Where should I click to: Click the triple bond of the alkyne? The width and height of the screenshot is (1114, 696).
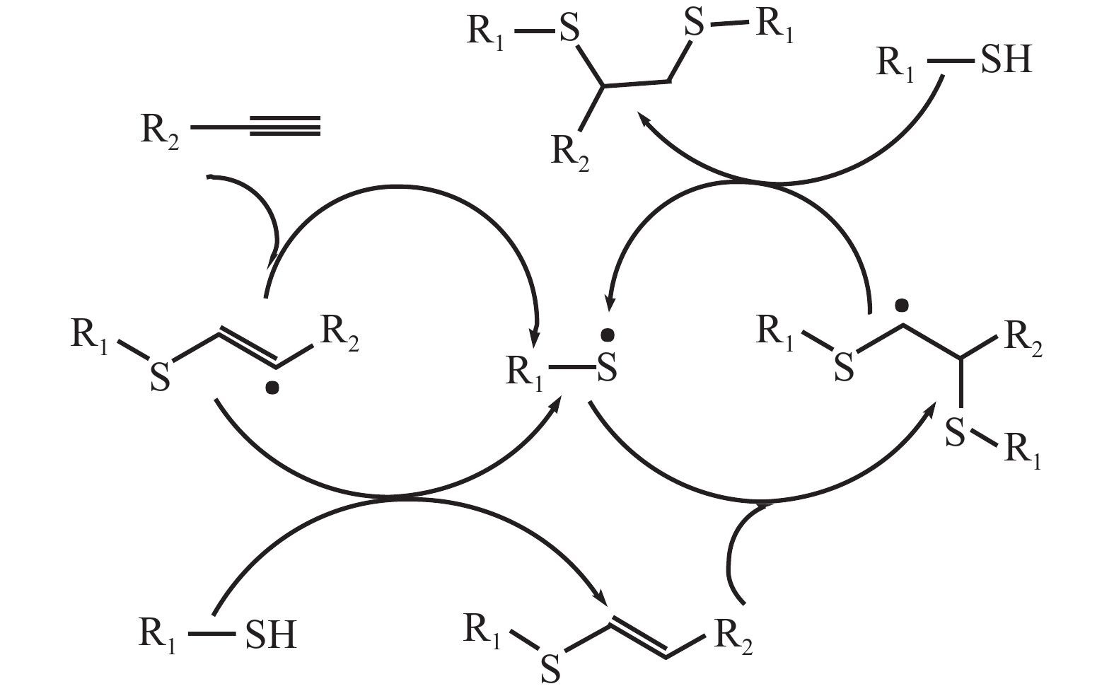[284, 129]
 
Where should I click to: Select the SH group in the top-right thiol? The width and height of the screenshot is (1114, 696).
[1006, 60]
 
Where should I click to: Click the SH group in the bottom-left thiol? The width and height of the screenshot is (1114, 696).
[270, 634]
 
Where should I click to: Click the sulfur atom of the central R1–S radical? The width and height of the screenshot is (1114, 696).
[607, 369]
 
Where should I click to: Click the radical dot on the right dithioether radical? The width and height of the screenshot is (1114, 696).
[900, 306]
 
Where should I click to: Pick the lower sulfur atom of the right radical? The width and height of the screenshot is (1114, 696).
[955, 432]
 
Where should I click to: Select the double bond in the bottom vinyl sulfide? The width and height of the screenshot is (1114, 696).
[638, 637]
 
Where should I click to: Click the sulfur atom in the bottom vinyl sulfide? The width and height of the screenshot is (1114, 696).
[550, 668]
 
